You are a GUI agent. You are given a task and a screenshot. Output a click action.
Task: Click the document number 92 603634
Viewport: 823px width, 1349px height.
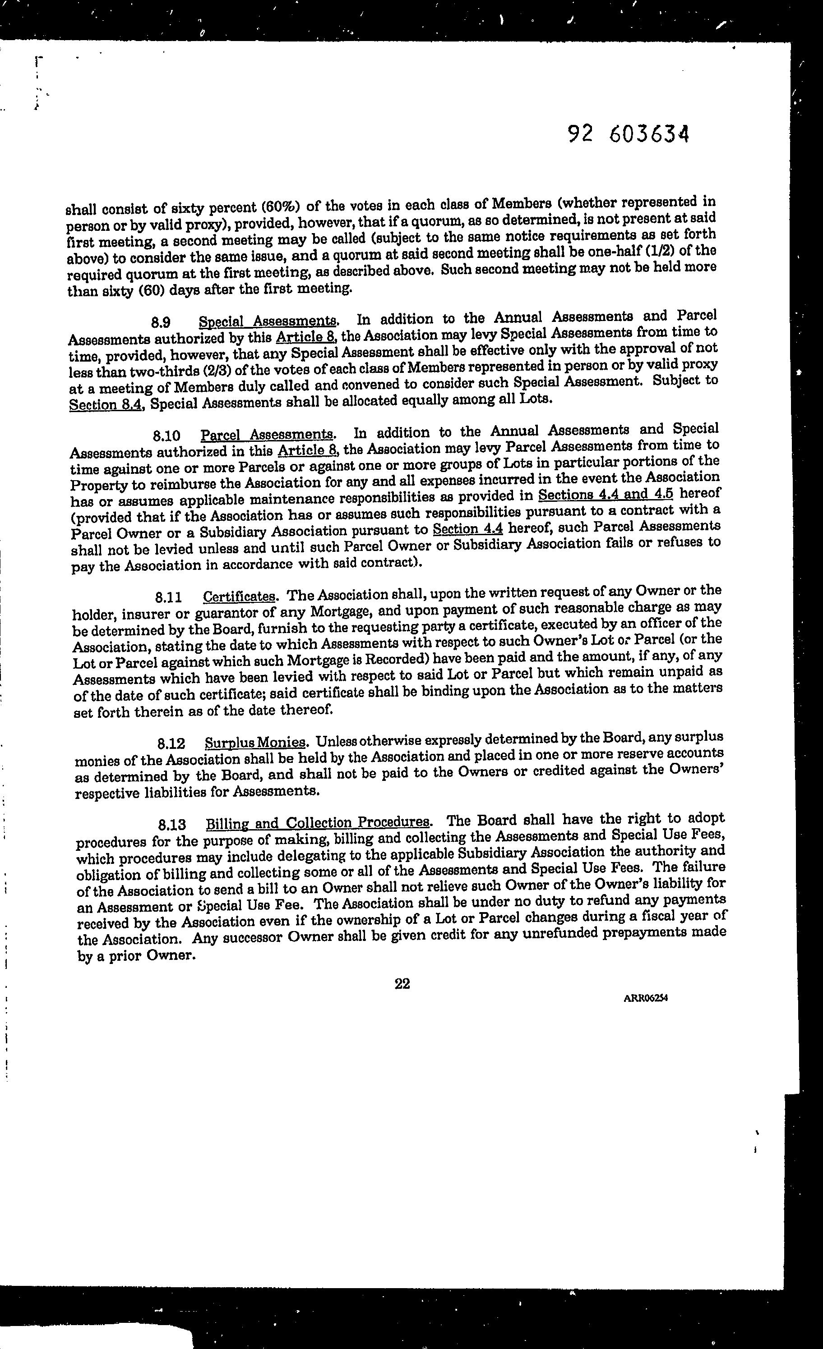pyautogui.click(x=628, y=133)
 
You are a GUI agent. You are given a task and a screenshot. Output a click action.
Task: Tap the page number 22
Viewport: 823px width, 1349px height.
pyautogui.click(x=402, y=984)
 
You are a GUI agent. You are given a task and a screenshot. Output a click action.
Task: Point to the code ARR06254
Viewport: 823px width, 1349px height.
pyautogui.click(x=646, y=997)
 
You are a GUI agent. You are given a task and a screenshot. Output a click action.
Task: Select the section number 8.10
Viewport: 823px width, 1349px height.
pyautogui.click(x=166, y=436)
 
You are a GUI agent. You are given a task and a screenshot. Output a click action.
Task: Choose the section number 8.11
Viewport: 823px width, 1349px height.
pyautogui.click(x=168, y=596)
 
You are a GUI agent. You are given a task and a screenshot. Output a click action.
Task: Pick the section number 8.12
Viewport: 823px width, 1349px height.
pyautogui.click(x=171, y=743)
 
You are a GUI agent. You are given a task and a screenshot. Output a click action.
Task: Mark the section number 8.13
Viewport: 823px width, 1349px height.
pyautogui.click(x=171, y=825)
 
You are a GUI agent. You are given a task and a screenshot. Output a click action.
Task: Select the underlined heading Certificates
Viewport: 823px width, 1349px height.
pyautogui.click(x=238, y=596)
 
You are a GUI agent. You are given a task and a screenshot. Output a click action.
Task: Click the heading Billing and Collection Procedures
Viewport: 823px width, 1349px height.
pyautogui.click(x=318, y=823)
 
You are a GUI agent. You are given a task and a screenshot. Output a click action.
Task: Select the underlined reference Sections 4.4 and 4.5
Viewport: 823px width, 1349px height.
pyautogui.click(x=606, y=494)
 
